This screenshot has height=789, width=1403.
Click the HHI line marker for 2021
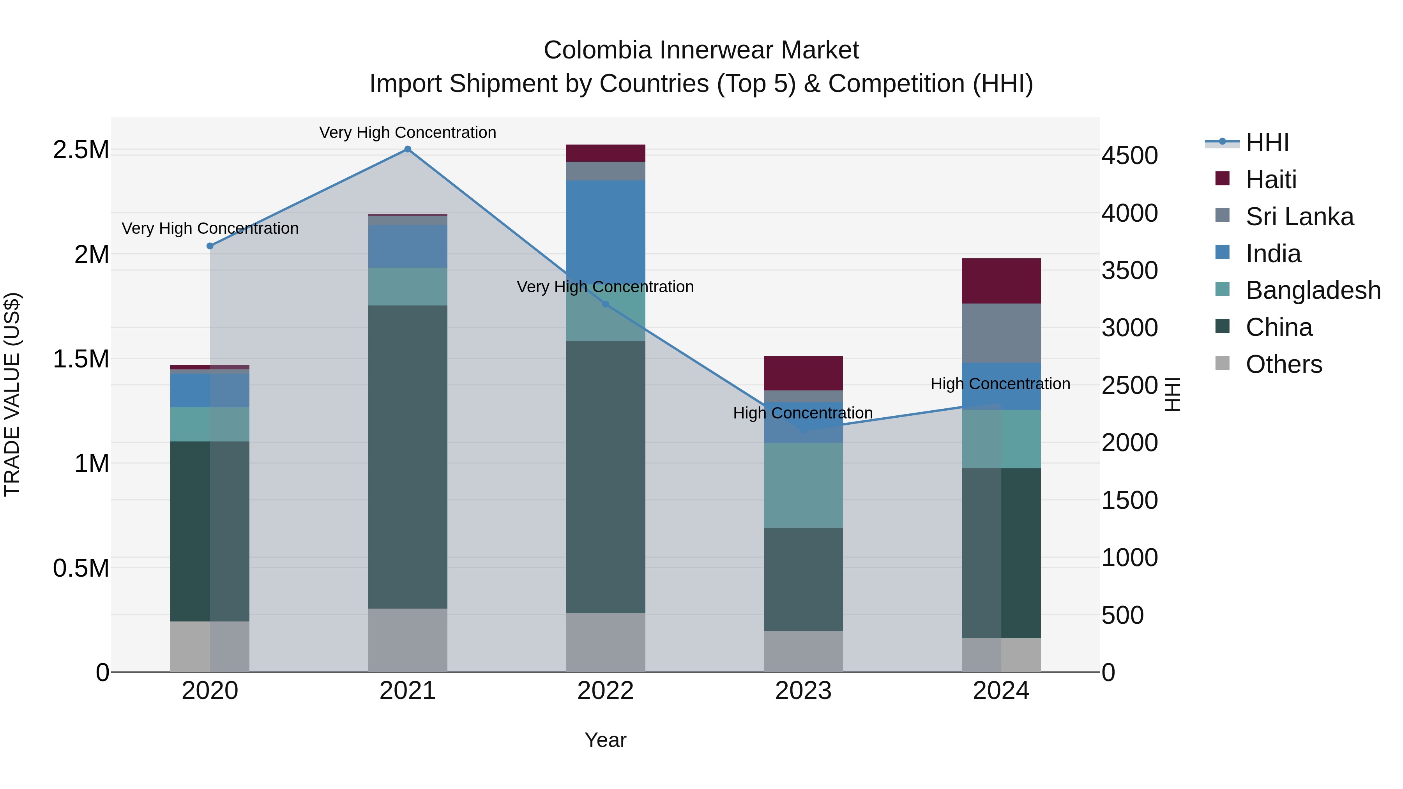[x=407, y=149]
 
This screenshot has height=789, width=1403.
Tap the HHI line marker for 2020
[x=210, y=246]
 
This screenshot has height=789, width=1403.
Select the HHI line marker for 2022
[x=606, y=304]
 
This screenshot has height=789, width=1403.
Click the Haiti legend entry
[x=1270, y=180]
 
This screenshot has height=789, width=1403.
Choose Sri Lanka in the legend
[x=1299, y=217]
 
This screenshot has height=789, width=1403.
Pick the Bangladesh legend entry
[x=1313, y=290]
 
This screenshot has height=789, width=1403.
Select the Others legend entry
[x=1283, y=364]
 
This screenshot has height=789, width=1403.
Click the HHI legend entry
[x=1267, y=143]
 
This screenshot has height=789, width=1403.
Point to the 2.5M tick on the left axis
[x=81, y=150]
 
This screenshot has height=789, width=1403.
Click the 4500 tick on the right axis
[x=1129, y=156]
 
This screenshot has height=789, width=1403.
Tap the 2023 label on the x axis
[x=803, y=691]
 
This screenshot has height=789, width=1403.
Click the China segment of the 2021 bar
[x=407, y=457]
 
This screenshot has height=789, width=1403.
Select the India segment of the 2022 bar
[x=606, y=229]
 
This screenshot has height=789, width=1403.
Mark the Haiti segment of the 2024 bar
[x=1001, y=281]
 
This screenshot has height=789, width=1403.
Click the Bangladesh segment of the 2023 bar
[x=803, y=486]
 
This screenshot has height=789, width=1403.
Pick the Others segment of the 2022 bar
[x=606, y=642]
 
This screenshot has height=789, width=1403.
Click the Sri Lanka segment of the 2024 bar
[x=1001, y=333]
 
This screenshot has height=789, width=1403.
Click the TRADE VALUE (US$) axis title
[x=12, y=394]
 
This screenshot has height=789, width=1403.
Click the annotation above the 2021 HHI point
[x=407, y=132]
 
